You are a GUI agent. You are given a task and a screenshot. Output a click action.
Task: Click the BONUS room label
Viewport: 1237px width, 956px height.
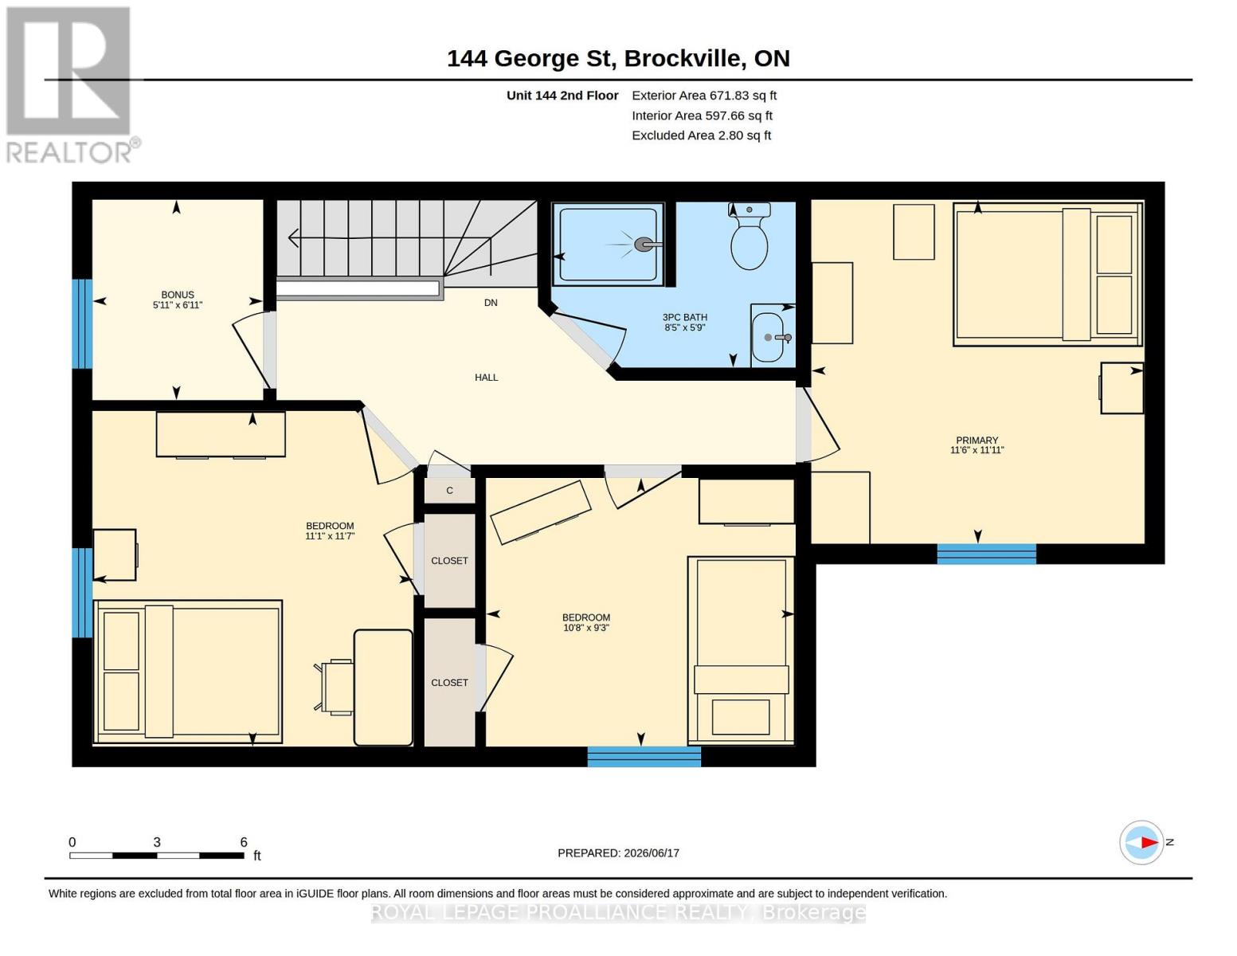pos(178,295)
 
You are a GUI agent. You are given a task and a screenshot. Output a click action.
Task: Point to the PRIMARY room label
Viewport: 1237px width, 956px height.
pos(977,440)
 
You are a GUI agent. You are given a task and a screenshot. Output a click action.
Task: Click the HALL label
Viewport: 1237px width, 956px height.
pos(486,378)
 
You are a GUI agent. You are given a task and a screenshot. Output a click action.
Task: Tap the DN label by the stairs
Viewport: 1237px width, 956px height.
pos(491,303)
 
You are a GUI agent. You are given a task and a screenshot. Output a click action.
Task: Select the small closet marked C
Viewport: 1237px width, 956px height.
pos(450,490)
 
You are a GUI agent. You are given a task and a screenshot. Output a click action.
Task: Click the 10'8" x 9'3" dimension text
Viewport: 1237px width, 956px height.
pos(586,628)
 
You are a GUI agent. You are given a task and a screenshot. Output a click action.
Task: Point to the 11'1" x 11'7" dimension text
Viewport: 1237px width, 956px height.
pos(331,536)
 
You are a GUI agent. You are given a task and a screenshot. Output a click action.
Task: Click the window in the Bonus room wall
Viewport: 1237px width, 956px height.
pos(82,323)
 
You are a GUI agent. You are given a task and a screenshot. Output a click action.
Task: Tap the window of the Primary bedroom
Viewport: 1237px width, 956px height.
pos(987,554)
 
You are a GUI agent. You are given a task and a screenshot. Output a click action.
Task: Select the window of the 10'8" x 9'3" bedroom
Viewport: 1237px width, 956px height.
pos(644,757)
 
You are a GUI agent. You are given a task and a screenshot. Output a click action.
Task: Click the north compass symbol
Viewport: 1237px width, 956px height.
pos(1141,842)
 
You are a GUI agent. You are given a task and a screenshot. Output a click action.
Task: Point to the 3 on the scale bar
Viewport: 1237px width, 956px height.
pos(157,842)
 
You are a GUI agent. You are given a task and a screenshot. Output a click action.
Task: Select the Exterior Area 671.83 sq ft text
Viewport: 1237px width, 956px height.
pos(704,96)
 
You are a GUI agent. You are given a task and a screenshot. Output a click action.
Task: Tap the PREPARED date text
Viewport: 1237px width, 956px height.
pos(618,853)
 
